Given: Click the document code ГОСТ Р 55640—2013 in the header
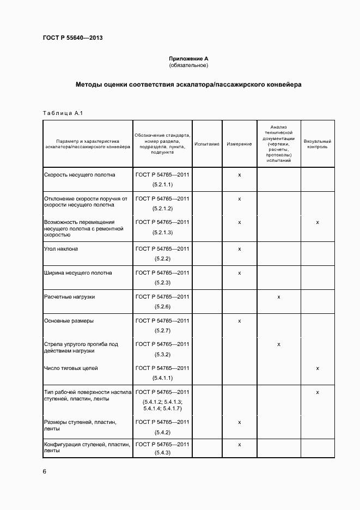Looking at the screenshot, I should (x=72, y=38).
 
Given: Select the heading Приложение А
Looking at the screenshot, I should (x=188, y=58).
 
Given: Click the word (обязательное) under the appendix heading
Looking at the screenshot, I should (x=188, y=65).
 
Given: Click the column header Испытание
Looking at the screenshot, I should (x=206, y=144).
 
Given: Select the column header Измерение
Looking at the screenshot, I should (x=239, y=144).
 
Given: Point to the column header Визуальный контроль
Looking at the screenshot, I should (x=317, y=144).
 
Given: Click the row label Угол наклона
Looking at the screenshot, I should (x=61, y=249).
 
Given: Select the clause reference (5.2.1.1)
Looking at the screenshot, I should (x=162, y=185).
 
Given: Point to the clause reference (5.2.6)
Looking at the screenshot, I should (x=162, y=307).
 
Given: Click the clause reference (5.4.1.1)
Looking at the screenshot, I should (x=162, y=378).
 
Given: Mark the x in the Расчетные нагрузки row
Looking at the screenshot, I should (x=278, y=297).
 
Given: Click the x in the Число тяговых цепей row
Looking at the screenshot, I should (x=317, y=368).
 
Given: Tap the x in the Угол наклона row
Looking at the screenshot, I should (x=239, y=249).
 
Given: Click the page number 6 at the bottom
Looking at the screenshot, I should (x=45, y=472).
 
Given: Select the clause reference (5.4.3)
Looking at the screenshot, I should (x=162, y=453).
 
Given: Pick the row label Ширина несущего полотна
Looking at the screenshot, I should (x=78, y=273).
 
